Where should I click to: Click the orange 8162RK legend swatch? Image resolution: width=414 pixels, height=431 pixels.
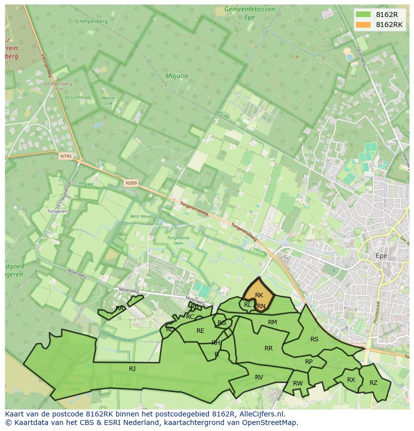click(x=363, y=24)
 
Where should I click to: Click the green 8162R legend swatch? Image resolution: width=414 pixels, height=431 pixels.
click(x=363, y=14)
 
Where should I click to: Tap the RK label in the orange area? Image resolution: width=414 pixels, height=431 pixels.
click(x=259, y=295)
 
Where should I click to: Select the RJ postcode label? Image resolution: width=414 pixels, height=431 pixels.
click(x=132, y=368)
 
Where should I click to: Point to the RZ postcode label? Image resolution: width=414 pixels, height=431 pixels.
click(x=373, y=383)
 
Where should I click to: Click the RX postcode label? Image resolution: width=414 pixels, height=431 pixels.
click(x=351, y=380)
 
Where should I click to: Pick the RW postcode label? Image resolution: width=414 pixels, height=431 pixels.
click(x=298, y=383)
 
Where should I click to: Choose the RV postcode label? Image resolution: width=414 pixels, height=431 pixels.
click(x=259, y=377)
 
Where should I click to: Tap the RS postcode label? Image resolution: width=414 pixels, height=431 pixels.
click(x=314, y=339)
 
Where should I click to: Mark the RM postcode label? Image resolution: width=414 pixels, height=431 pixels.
click(x=272, y=322)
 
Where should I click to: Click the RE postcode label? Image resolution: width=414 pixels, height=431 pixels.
click(x=200, y=330)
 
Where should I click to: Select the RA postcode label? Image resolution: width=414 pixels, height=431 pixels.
click(x=119, y=308)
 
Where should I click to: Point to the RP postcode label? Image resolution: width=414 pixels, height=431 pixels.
click(x=308, y=362)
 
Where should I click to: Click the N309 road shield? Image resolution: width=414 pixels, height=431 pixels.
click(x=131, y=183)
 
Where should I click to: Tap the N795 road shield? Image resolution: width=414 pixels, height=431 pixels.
click(x=65, y=156)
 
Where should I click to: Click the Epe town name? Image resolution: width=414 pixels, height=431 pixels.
click(x=381, y=256)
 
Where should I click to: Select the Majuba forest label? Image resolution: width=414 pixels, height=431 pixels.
click(x=177, y=76)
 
